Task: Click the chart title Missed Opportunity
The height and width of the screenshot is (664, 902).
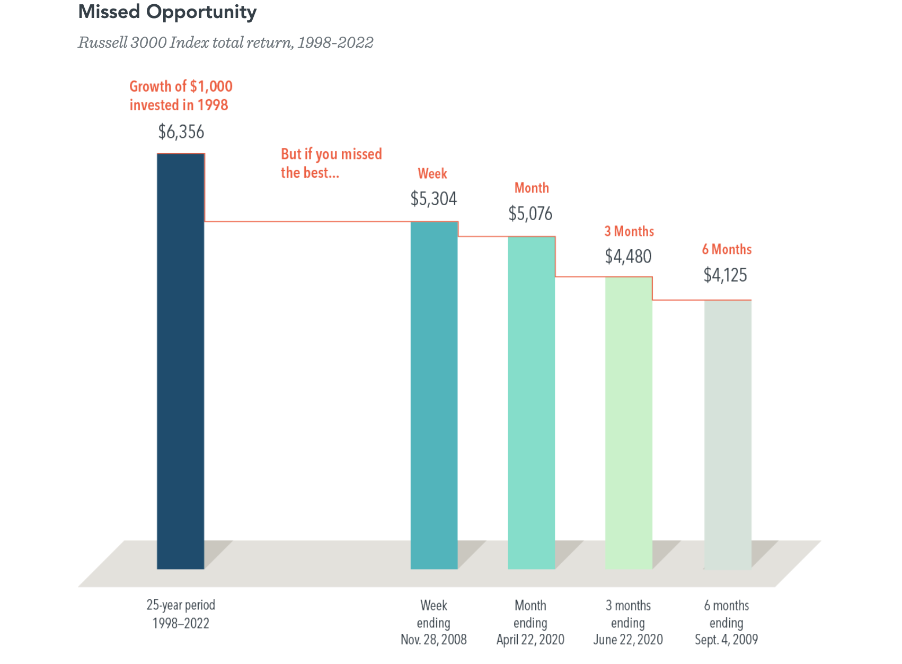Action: pos(167,12)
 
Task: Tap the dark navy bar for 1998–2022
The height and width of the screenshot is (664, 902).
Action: pos(181,361)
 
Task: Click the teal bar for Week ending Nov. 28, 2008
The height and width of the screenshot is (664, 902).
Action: pos(434,395)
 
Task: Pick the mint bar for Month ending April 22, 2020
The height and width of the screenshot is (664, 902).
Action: pos(532,403)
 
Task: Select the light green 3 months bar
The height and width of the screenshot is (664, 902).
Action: pos(629,423)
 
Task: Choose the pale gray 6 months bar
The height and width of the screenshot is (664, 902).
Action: pos(728,435)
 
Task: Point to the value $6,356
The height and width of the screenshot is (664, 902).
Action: pos(181,132)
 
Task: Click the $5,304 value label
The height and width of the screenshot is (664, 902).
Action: pos(434,199)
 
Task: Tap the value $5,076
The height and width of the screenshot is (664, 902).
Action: pos(530,214)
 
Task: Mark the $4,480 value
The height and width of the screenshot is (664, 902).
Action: pos(628,256)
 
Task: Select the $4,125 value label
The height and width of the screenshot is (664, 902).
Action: pos(725,275)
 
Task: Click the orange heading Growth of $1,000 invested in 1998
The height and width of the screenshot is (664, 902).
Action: pos(181,95)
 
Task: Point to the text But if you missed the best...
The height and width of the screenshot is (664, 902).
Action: pos(331,163)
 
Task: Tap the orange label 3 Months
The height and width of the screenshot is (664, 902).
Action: pos(629,231)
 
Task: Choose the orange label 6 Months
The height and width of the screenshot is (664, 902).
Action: pos(727,249)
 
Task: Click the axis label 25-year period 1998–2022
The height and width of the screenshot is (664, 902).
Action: pos(181,614)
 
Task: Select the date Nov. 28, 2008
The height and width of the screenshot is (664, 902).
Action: pos(434,640)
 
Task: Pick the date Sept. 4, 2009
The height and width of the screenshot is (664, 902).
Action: pos(727,640)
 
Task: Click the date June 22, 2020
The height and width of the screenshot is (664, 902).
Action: pos(628,640)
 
